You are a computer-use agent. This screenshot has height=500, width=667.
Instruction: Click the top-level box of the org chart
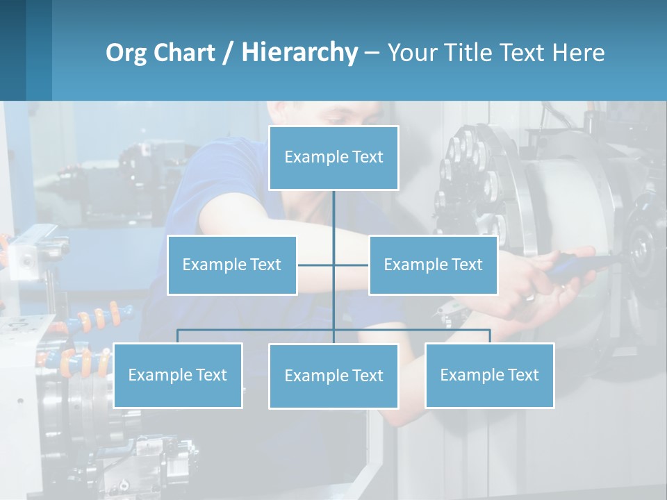[333, 158]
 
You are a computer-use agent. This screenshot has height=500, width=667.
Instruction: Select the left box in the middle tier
[232, 265]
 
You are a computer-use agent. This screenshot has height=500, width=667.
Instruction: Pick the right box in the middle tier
[433, 265]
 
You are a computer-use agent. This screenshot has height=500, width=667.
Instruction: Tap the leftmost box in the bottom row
[177, 376]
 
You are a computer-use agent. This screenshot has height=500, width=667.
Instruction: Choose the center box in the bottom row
[333, 376]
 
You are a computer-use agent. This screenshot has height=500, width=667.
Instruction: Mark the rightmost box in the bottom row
[489, 376]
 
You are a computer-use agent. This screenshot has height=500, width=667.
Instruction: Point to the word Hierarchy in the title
[299, 53]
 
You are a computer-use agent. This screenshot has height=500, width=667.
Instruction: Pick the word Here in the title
[578, 53]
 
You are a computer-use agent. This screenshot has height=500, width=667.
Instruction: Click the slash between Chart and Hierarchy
[228, 53]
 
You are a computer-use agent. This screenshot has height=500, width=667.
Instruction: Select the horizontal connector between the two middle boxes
[316, 265]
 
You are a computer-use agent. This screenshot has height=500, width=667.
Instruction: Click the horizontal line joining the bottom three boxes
[257, 330]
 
